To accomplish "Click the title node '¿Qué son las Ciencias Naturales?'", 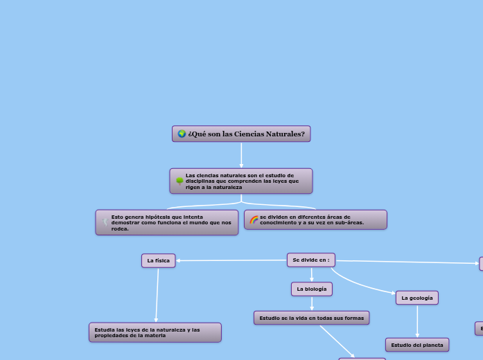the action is tap(241, 134).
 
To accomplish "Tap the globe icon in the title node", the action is tap(182, 134).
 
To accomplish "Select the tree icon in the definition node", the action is tap(179, 181).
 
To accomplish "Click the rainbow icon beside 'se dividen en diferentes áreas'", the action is tap(254, 220).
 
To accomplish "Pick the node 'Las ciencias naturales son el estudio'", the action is tap(241, 181).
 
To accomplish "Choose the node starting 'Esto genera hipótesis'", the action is tap(167, 222).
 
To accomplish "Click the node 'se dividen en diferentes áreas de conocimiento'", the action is tap(315, 219).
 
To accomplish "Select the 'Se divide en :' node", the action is tap(310, 260).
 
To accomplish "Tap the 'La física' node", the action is tap(158, 260).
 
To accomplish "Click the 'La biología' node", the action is tap(312, 288).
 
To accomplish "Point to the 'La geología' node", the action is tap(417, 298).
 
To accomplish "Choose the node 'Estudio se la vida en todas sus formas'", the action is tap(311, 318).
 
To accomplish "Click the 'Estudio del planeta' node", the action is tap(417, 344).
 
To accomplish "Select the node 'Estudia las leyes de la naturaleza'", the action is tap(155, 332).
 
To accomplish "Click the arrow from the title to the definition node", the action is tap(241, 155).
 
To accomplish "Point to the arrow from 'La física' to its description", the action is tap(157, 294).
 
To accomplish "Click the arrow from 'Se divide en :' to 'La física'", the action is tap(231, 260).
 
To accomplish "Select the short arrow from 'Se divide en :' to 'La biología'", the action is tap(312, 274).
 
